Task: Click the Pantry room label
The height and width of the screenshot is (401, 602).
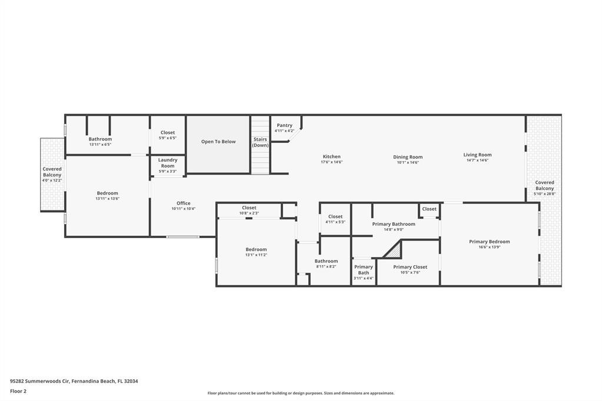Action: [285, 125]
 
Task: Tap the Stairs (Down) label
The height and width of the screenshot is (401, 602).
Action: [260, 142]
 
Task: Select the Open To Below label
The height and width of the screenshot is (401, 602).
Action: [218, 142]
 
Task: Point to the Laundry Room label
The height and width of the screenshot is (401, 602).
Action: [168, 163]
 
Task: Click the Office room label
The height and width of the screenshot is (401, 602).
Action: [184, 203]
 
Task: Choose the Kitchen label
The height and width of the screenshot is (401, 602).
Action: [331, 157]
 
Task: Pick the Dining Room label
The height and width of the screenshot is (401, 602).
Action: [408, 157]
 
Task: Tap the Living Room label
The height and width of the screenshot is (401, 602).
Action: [477, 155]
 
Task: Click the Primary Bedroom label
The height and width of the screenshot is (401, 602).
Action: [489, 242]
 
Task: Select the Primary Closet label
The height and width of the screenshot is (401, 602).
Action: [410, 267]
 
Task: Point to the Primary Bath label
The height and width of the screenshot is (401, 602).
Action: [364, 270]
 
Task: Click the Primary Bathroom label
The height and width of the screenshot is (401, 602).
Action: [394, 224]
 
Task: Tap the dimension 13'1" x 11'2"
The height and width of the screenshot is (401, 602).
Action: [256, 255]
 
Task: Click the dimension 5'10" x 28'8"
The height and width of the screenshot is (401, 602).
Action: [544, 193]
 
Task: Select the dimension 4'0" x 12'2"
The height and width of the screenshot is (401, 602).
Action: [52, 180]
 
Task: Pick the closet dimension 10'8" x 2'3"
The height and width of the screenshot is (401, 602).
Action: [249, 213]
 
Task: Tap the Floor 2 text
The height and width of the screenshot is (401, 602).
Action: [18, 391]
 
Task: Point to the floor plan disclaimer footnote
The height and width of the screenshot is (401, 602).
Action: [301, 393]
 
